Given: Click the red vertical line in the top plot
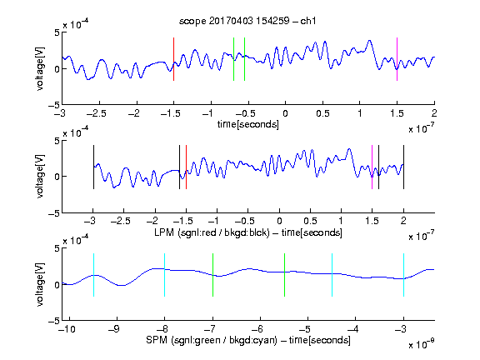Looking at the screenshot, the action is point(173,59).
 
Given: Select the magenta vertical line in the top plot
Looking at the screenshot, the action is point(397,59).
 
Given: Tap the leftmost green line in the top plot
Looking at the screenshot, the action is point(233,59).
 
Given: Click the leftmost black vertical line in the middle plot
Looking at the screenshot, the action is point(93,167).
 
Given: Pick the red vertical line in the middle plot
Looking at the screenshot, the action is point(186,167).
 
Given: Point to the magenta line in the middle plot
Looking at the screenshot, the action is point(372,167).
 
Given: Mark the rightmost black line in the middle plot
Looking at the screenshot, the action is point(403,167).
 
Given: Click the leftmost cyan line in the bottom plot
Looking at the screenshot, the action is point(93,275).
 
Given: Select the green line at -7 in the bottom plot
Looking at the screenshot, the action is point(212,275).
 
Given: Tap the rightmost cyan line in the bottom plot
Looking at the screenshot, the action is point(403,275).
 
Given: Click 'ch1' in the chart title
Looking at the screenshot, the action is point(308,21).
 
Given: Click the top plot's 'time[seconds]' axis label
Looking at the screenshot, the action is point(248,124).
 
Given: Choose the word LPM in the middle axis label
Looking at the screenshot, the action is point(164,232).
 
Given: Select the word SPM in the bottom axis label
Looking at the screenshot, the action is point(156,340).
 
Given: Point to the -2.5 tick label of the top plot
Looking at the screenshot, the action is point(97,113).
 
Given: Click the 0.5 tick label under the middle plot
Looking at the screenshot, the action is point(310,221).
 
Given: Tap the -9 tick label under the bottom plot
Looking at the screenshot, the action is point(114,329).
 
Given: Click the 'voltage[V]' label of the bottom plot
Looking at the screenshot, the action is point(40,284).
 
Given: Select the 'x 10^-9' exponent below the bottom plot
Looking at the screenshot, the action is point(421,344).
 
